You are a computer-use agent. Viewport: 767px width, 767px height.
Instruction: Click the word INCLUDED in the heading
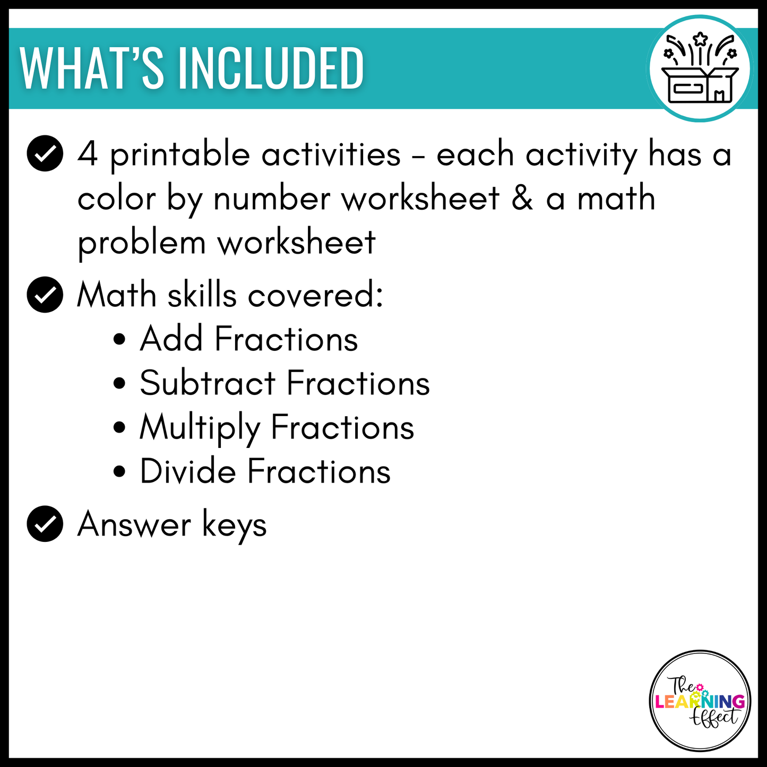pos(271,69)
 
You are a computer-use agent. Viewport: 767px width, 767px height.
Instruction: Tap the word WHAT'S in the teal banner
pos(92,69)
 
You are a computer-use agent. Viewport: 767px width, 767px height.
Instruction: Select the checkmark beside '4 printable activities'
pos(45,154)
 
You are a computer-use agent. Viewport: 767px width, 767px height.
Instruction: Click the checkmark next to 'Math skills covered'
pos(45,295)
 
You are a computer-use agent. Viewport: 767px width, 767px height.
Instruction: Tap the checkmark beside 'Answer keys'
pos(45,524)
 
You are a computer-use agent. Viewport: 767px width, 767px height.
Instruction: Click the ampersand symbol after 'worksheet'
pos(522,199)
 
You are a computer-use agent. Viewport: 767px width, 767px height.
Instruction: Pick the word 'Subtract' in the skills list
pos(208,383)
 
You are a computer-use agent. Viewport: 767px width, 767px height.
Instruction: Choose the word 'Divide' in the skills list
pos(188,471)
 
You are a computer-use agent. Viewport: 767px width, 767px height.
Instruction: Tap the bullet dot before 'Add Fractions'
pos(120,340)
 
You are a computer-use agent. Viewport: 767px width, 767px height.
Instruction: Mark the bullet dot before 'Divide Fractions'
pos(120,472)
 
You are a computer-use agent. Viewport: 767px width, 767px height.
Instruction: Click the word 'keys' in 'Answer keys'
pos(235,525)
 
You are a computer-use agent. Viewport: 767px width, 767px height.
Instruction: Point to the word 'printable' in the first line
pos(180,156)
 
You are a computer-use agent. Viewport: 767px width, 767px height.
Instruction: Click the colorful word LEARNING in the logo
pos(700,702)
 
